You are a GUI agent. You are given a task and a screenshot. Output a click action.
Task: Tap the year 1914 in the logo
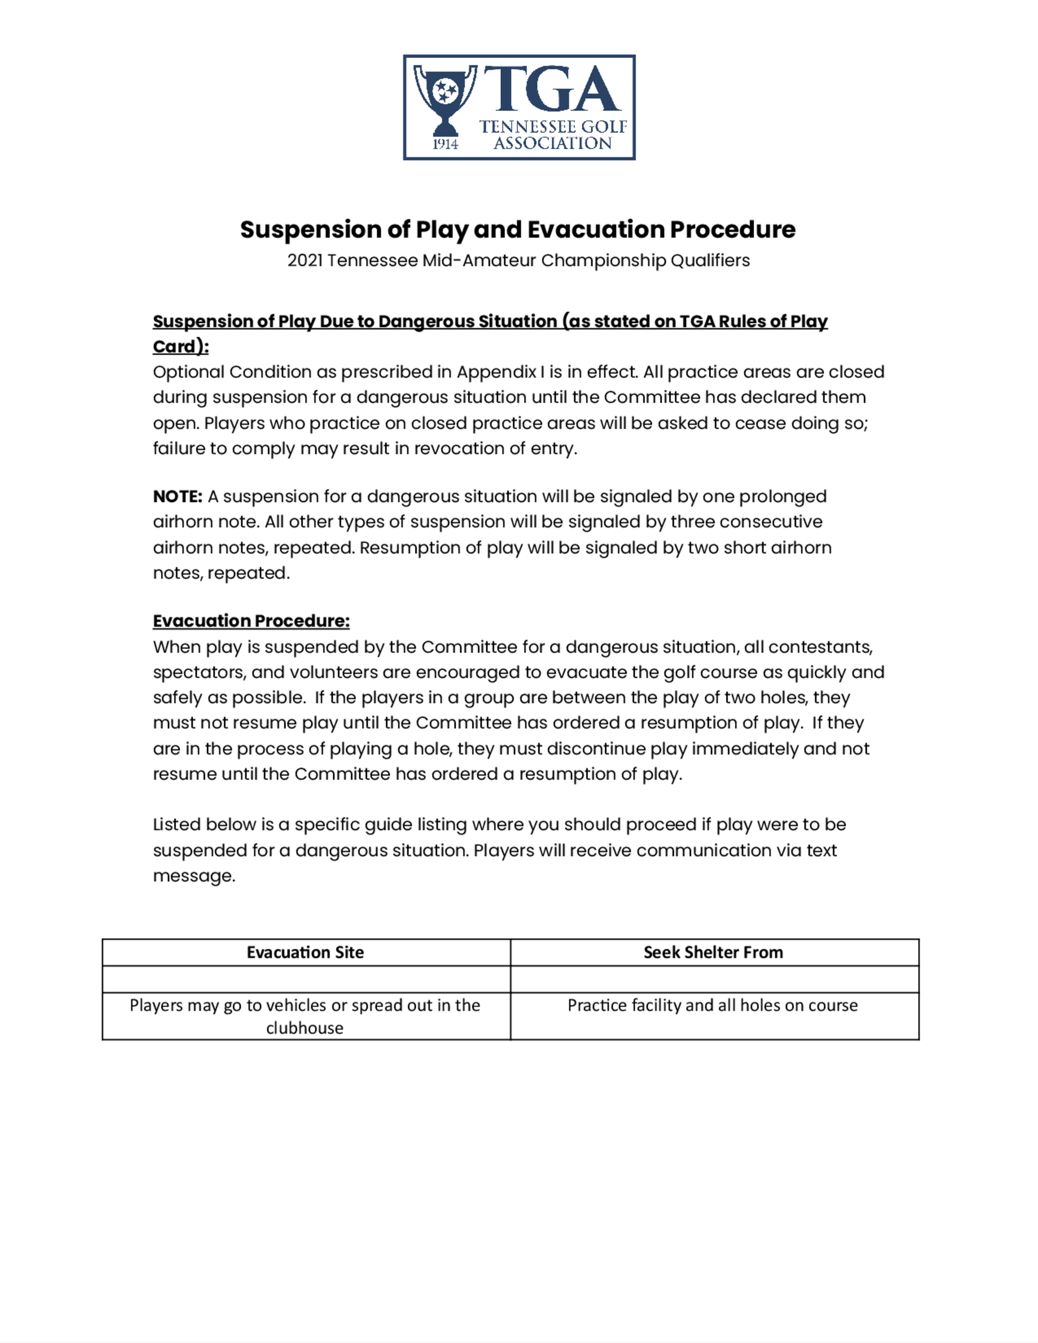pyautogui.click(x=445, y=144)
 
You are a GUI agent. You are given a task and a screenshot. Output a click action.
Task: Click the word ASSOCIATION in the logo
pyautogui.click(x=552, y=143)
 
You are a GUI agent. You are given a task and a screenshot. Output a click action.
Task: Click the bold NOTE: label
pyautogui.click(x=177, y=496)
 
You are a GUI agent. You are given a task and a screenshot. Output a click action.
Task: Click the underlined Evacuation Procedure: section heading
pyautogui.click(x=251, y=621)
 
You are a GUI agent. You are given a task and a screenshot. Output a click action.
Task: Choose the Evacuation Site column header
pyautogui.click(x=305, y=953)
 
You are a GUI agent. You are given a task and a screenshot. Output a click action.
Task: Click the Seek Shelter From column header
pyautogui.click(x=713, y=953)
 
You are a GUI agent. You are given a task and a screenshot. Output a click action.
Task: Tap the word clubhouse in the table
pyautogui.click(x=304, y=1028)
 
